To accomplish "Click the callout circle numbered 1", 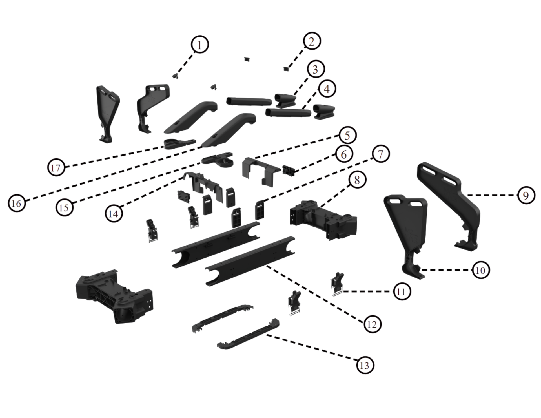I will tap(200, 45).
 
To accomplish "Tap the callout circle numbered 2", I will tap(312, 41).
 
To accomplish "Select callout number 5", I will tap(347, 135).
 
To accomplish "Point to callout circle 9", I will tap(526, 195).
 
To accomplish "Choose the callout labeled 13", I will tap(365, 365).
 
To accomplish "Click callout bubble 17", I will tap(56, 168).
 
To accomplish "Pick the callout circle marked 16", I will tap(17, 203).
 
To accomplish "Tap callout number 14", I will tap(114, 214).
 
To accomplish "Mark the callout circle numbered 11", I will tap(401, 291).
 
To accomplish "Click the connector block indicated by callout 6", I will tap(288, 171).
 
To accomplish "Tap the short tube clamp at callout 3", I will tap(285, 100).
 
